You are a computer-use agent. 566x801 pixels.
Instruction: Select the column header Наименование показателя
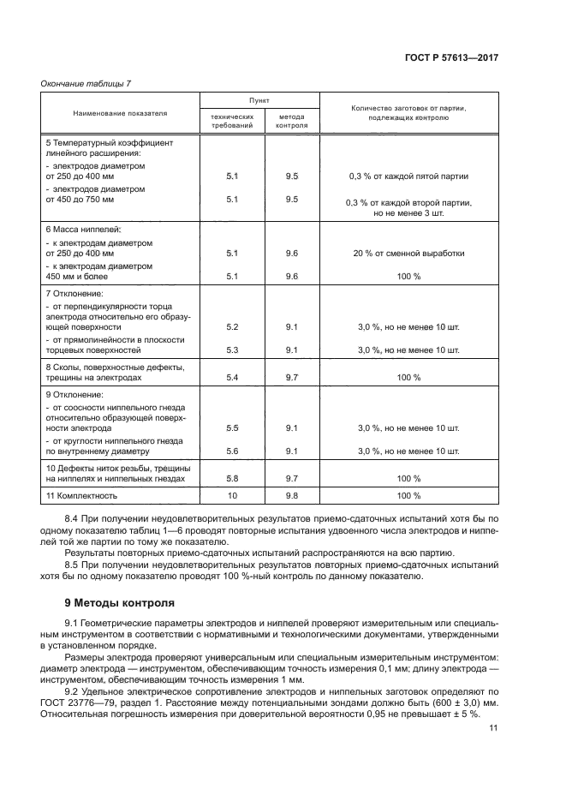(120, 112)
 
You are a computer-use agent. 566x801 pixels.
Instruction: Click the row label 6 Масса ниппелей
(83, 230)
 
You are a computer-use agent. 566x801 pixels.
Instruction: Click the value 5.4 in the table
(231, 377)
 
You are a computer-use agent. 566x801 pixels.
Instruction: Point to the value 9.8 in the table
(291, 495)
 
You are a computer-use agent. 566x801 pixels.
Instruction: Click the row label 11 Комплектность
(81, 495)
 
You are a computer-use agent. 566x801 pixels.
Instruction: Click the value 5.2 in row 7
(231, 327)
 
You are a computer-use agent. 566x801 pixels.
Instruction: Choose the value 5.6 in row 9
(231, 451)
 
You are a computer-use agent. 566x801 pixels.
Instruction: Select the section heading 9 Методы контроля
(119, 603)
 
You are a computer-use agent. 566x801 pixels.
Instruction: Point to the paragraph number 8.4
(74, 519)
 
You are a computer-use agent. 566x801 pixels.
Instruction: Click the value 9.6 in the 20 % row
(291, 254)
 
